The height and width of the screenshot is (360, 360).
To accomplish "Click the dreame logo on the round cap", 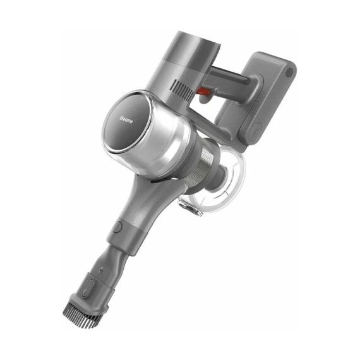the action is tap(126, 120).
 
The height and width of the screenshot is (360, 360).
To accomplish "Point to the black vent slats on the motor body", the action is tap(183, 89).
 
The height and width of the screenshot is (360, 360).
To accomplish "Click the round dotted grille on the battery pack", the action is tap(289, 73).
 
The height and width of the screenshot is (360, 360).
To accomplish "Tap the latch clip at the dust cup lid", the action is tap(189, 207).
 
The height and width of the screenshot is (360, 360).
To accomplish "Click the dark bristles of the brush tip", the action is tap(81, 315).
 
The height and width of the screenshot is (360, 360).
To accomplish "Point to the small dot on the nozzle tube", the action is tap(101, 270).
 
